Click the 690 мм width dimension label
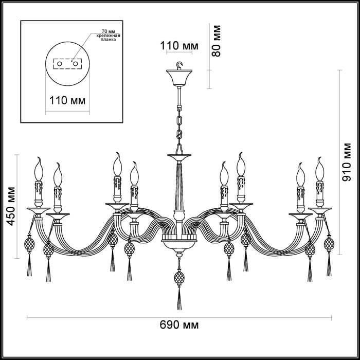pos(179,325)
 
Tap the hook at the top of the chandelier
pos(179,65)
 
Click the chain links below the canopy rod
pos(179,121)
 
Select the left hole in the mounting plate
pos(59,64)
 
